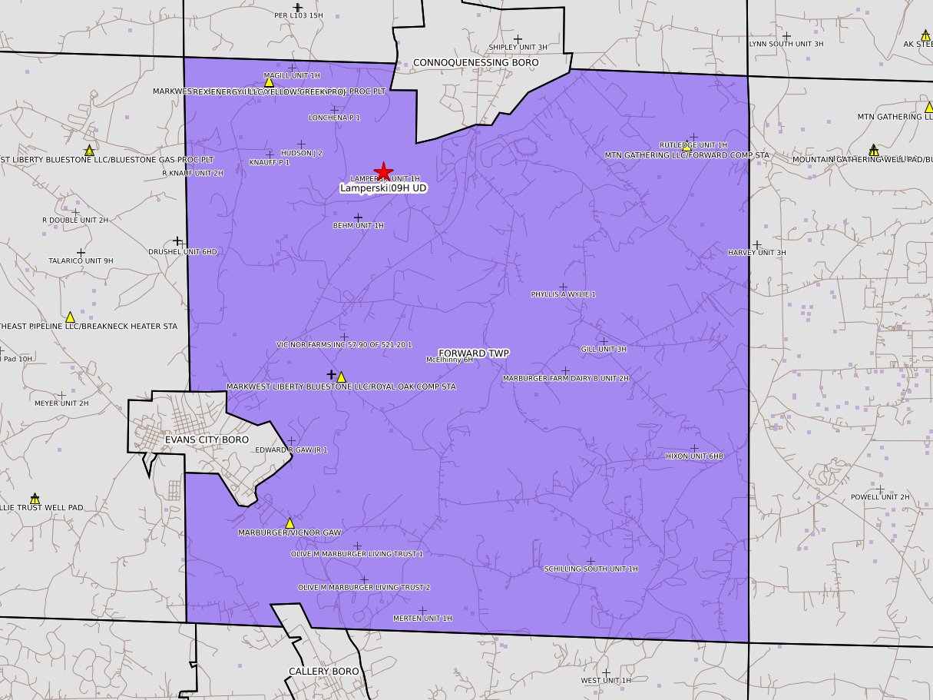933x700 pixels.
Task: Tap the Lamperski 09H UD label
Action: tap(383, 187)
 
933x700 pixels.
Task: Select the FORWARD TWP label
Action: tap(474, 353)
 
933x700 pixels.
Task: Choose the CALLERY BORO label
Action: tap(323, 671)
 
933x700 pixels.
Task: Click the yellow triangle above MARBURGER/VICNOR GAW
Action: tap(289, 523)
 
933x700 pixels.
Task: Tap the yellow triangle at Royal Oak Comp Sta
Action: tap(341, 377)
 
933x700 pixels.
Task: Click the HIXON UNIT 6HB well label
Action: tap(694, 456)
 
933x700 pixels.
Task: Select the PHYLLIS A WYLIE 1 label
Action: tap(563, 294)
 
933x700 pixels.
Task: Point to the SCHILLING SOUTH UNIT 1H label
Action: tap(591, 569)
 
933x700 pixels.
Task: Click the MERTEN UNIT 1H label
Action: tap(422, 618)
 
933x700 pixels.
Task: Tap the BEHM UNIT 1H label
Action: tap(358, 225)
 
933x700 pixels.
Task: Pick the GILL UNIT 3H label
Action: tap(604, 349)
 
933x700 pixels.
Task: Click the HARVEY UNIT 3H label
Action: tap(756, 252)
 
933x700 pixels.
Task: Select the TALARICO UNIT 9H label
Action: tap(81, 260)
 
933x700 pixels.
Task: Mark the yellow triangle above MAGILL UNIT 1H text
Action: tap(269, 82)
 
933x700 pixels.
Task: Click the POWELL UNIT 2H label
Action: tap(879, 496)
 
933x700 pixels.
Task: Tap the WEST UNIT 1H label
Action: tap(605, 680)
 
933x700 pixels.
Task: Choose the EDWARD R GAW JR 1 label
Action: tap(291, 450)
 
